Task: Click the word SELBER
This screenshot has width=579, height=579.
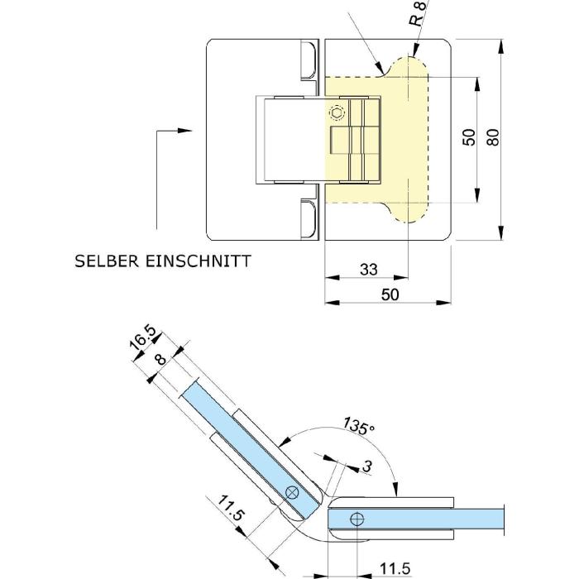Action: pyautogui.click(x=105, y=261)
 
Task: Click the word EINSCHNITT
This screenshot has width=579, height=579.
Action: pyautogui.click(x=198, y=261)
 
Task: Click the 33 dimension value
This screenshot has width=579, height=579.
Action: pyautogui.click(x=368, y=269)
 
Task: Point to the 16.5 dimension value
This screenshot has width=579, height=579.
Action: pyautogui.click(x=142, y=340)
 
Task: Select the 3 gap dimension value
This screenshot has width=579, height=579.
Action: pyautogui.click(x=367, y=467)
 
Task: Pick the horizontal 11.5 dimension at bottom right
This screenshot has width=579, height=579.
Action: pyautogui.click(x=395, y=569)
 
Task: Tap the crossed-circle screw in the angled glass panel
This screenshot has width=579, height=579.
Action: pyautogui.click(x=292, y=493)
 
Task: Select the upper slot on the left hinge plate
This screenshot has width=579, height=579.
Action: pyautogui.click(x=307, y=63)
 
